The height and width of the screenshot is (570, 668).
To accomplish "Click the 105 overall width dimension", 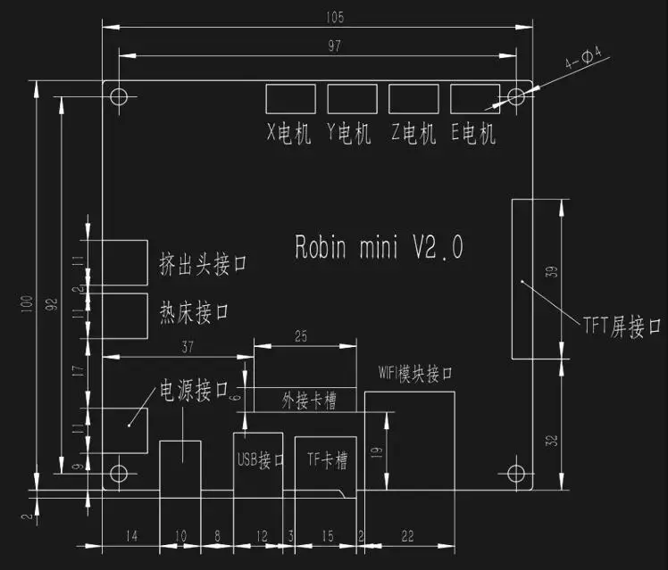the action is point(335,18).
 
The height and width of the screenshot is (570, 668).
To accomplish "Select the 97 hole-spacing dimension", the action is point(334,46).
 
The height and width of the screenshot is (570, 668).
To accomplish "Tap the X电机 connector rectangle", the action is point(290,99).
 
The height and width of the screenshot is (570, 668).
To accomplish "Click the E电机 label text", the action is point(473,134).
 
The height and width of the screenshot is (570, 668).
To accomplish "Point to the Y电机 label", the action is point(349,134).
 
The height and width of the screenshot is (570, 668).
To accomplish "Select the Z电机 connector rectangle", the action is point(413,99).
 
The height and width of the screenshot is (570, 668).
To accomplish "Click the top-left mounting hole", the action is point(119,96).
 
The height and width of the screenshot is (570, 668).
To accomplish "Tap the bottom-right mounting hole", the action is point(516,473).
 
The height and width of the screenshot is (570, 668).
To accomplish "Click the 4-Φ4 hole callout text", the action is point(583,58).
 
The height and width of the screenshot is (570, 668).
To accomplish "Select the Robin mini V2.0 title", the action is point(379,247).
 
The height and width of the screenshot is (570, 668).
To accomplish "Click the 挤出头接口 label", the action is point(204,264).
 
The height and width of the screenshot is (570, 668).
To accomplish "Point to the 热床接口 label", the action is point(195,312).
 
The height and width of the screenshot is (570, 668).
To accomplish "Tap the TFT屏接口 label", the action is point(622,326).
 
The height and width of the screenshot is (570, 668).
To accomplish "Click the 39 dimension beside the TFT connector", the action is point(551,272).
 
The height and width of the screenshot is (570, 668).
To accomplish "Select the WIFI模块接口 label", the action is point(415,374).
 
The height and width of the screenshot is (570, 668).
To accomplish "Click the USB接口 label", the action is point(261,459).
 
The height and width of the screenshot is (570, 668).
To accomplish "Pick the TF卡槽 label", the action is point(327,459).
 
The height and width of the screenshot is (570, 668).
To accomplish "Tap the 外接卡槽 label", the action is point(309,401).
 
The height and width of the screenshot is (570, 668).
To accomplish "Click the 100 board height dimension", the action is point(27,303).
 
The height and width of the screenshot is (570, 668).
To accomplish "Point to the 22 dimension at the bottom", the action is point(408,536).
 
